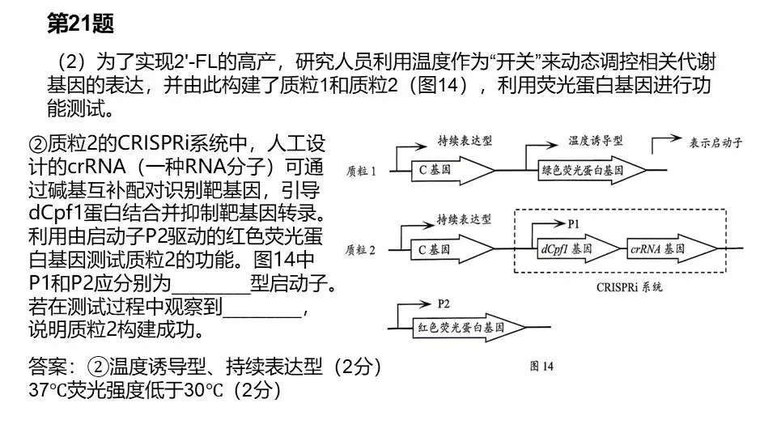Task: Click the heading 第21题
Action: click(x=80, y=23)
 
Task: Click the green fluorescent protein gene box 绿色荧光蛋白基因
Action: click(x=592, y=171)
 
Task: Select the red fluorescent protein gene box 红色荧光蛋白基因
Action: click(x=469, y=328)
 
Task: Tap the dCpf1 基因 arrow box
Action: click(x=578, y=248)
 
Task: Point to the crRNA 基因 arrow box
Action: click(x=672, y=248)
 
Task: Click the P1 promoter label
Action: click(x=573, y=224)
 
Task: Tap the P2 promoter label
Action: click(x=444, y=303)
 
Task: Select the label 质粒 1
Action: click(x=361, y=172)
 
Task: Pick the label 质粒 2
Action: click(x=360, y=250)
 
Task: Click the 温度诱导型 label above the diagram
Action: click(x=596, y=141)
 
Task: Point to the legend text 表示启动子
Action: click(x=716, y=143)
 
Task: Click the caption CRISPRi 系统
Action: click(x=630, y=287)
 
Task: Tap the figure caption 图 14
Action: click(x=541, y=366)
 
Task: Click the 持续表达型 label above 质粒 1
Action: click(x=465, y=141)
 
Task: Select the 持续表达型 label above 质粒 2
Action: click(x=464, y=219)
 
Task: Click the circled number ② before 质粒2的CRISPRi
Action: click(x=38, y=144)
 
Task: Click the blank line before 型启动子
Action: click(x=210, y=292)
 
